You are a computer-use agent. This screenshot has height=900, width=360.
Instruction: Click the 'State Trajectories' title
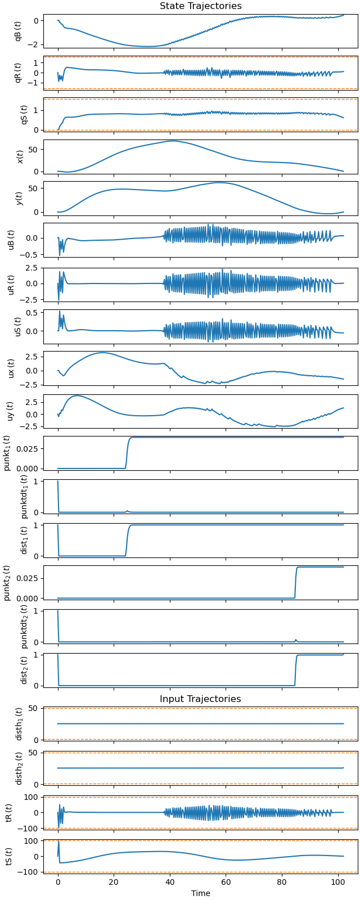[200, 6]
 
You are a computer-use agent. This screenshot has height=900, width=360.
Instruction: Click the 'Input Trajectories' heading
[200, 699]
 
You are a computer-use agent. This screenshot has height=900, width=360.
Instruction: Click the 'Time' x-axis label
[200, 893]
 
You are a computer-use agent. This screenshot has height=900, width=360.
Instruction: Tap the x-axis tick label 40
[170, 883]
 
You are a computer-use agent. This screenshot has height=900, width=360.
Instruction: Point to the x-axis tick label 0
[58, 883]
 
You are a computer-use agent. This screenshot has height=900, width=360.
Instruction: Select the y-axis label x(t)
[20, 156]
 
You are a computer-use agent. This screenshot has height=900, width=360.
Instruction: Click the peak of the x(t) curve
[173, 141]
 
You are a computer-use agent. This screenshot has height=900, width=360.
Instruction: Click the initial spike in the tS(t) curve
[58, 841]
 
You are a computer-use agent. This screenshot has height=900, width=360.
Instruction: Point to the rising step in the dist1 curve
[127, 540]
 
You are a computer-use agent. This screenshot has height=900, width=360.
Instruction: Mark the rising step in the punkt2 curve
[296, 582]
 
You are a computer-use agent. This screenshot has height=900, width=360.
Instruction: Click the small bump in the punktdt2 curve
[296, 640]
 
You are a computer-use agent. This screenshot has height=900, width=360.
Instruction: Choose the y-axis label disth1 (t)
[19, 723]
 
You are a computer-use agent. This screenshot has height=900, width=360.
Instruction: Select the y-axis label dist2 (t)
[24, 669]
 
